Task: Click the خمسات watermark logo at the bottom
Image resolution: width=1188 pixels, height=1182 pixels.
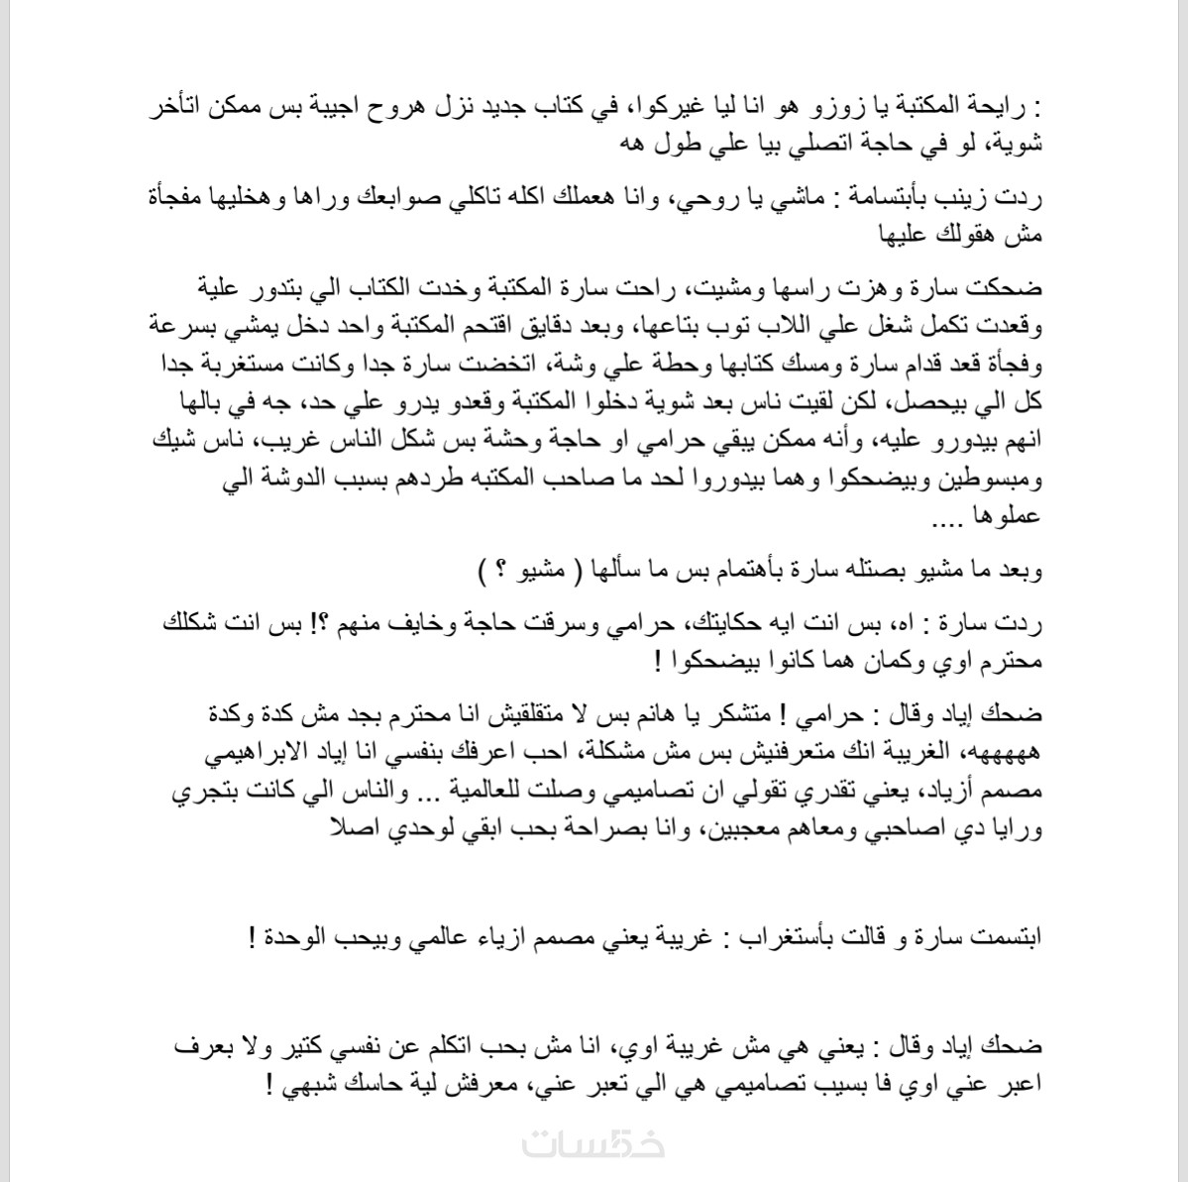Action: [594, 1143]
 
